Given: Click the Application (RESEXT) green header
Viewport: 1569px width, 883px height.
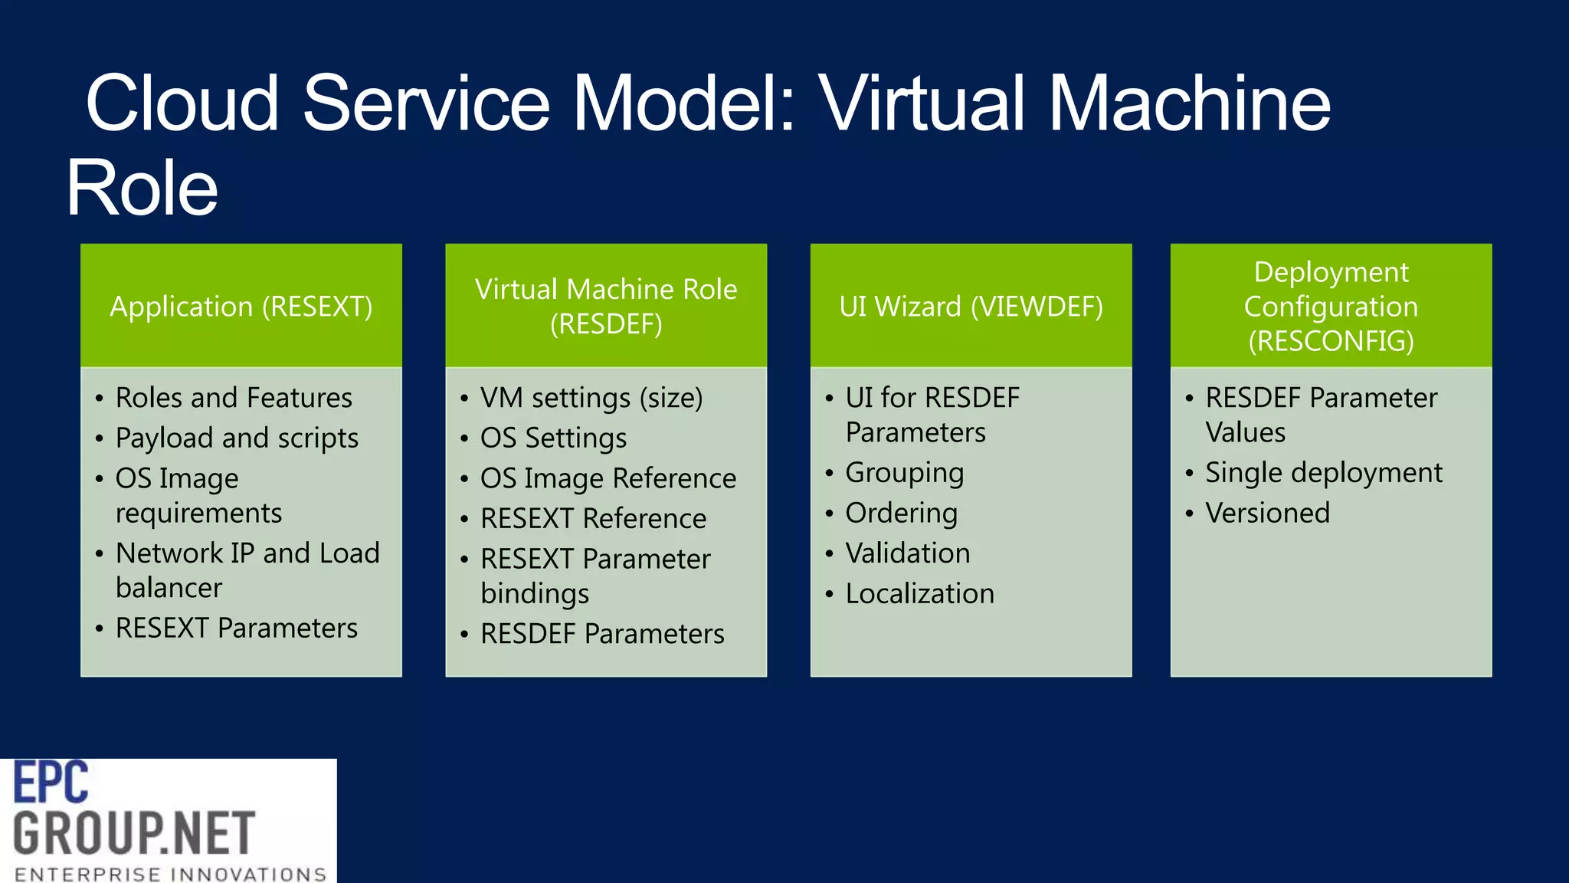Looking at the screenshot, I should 241,307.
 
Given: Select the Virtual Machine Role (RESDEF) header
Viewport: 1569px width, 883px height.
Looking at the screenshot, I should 605,307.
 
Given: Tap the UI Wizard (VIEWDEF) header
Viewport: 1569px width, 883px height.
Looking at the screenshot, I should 971,307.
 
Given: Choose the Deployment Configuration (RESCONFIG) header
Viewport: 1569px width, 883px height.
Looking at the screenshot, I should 1331,307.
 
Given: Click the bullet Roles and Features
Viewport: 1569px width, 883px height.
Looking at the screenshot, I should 234,398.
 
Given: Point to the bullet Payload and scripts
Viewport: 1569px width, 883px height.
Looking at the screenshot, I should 237,438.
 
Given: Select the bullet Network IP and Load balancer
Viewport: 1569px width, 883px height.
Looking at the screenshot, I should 247,570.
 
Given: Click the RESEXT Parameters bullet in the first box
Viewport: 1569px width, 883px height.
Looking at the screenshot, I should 236,628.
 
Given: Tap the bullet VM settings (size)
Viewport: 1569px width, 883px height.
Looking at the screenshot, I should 591,398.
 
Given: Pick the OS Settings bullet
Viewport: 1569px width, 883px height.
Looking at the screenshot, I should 553,438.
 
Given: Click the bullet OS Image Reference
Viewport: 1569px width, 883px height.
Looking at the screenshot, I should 608,478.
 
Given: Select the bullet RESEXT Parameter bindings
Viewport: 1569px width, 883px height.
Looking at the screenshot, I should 595,576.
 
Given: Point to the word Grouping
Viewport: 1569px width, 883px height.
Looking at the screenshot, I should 904,473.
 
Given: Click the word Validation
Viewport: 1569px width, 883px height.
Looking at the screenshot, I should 907,553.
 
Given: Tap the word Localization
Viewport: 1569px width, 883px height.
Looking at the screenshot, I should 919,594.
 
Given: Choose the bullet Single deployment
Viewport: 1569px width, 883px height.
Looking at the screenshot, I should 1323,473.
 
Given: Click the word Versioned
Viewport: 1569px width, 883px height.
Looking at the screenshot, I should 1267,513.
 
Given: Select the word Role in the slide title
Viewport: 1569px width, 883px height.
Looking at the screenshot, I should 142,188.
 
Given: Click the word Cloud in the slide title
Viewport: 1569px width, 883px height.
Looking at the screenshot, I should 182,103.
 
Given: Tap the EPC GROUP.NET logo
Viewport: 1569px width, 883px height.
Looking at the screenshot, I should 168,820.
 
